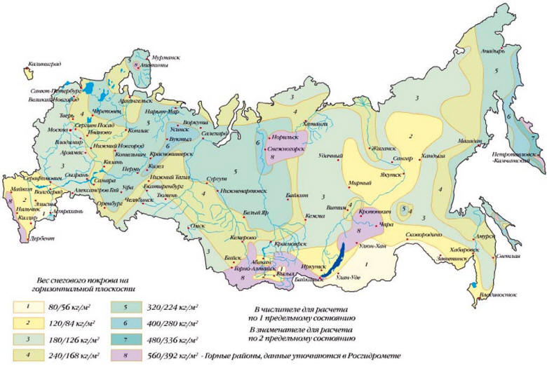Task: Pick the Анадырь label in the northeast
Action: point(489,50)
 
